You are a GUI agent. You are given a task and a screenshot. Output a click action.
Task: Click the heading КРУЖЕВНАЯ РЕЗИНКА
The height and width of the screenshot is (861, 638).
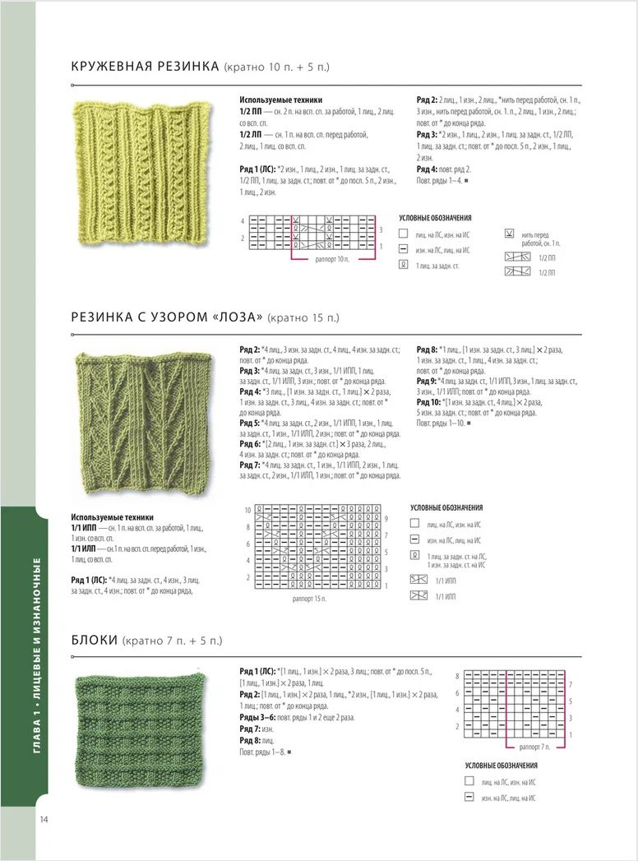point(145,67)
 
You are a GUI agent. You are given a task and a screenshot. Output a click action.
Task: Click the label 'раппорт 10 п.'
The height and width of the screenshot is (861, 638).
point(332,258)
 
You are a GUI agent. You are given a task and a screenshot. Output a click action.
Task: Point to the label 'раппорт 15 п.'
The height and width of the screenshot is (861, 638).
point(308,599)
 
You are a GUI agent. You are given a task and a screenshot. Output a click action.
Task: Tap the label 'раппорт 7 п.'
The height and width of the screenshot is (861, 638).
point(535,746)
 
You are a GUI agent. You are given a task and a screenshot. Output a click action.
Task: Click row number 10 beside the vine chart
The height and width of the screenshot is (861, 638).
point(247,510)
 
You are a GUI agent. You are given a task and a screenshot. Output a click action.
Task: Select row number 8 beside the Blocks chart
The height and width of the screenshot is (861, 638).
point(457,675)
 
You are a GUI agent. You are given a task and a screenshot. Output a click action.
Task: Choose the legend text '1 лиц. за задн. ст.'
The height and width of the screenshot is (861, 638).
point(437,266)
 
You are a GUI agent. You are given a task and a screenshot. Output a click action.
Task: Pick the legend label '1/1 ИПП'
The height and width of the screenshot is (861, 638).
point(445,581)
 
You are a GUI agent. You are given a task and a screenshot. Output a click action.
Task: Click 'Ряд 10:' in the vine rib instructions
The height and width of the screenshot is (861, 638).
point(430,401)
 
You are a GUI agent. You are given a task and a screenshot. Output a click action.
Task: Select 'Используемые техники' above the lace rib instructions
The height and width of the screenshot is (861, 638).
point(275,100)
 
